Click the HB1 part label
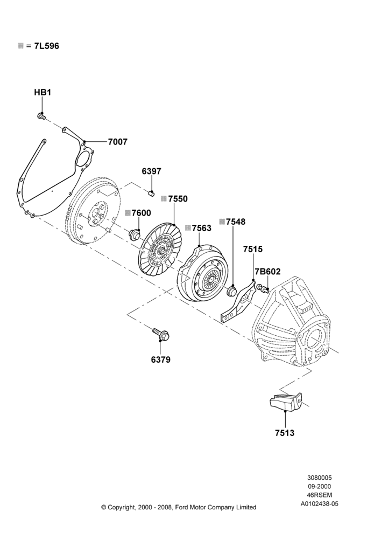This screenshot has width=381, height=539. (x=43, y=93)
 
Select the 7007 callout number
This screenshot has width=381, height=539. (x=117, y=142)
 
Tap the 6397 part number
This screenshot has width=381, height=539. (x=151, y=171)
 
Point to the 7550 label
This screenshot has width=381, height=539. (x=178, y=199)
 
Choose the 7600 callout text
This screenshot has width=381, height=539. (x=141, y=213)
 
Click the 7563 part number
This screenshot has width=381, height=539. (x=201, y=228)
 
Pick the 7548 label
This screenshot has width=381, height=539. (x=236, y=222)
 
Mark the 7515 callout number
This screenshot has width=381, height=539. (x=252, y=249)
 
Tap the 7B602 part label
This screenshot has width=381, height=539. (x=267, y=272)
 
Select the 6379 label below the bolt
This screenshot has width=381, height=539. (x=161, y=360)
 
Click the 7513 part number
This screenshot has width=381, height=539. (x=285, y=433)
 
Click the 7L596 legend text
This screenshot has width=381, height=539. (x=46, y=46)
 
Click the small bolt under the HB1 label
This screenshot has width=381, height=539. (x=41, y=116)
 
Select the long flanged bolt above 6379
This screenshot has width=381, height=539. (x=161, y=334)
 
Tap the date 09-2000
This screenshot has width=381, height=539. (x=320, y=486)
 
